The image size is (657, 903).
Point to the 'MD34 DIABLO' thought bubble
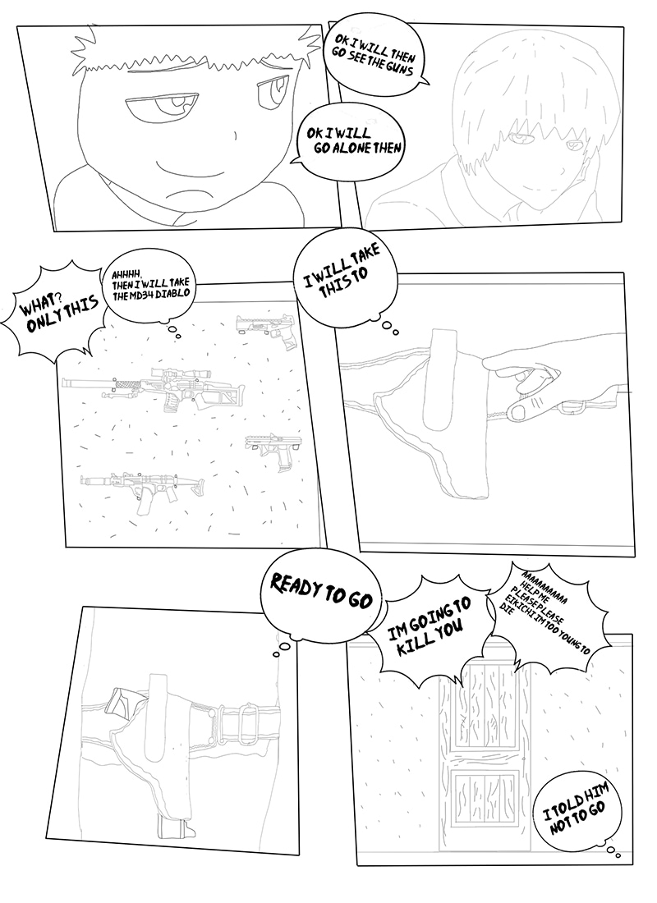point(153,288)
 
